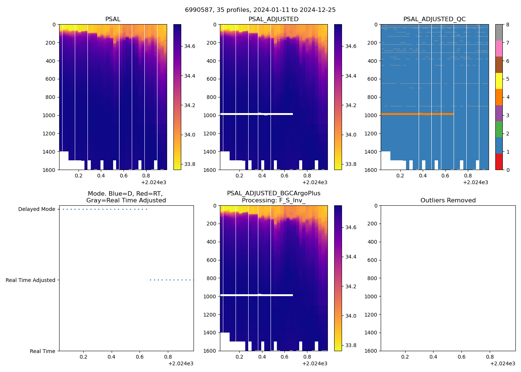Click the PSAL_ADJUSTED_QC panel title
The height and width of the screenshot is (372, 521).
click(434, 19)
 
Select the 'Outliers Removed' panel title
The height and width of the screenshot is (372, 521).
click(448, 201)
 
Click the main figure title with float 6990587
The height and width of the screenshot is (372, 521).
click(260, 10)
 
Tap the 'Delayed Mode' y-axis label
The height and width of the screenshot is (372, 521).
click(36, 209)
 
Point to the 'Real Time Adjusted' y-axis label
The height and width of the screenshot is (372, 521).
click(31, 280)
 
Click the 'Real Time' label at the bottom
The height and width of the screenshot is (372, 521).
click(42, 351)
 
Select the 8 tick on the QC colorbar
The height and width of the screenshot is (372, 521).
click(507, 25)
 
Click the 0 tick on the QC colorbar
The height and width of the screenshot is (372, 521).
click(507, 170)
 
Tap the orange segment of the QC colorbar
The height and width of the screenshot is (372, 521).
click(499, 97)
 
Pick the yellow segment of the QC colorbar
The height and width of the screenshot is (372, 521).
click(499, 81)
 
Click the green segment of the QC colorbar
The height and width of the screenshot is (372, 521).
click(499, 129)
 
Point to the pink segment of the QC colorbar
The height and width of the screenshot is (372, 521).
click(499, 49)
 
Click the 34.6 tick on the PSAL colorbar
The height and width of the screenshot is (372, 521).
click(190, 46)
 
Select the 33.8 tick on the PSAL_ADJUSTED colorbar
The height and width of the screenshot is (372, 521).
click(351, 164)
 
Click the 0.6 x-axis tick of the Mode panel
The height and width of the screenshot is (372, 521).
click(140, 357)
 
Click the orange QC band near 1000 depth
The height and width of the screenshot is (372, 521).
click(417, 114)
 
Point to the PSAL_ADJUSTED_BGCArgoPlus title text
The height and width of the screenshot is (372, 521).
click(274, 193)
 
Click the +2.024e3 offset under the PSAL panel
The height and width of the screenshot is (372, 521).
click(154, 182)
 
